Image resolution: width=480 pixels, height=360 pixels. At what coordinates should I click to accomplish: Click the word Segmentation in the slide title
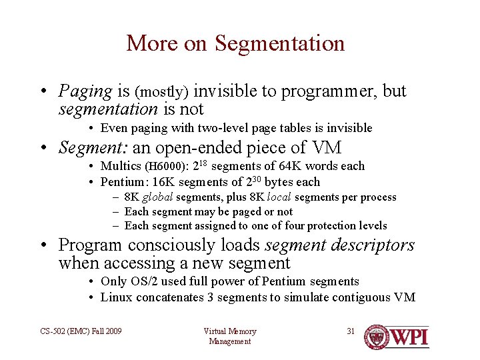pyautogui.click(x=279, y=43)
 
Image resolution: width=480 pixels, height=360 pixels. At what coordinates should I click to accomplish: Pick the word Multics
pyautogui.click(x=120, y=166)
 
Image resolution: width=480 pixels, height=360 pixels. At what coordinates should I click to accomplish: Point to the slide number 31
pyautogui.click(x=351, y=331)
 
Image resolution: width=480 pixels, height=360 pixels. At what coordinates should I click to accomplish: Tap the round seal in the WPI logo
pyautogui.click(x=377, y=337)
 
